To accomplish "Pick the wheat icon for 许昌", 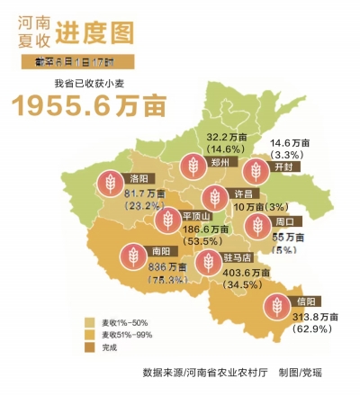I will click(x=213, y=196).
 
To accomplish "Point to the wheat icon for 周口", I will click(x=256, y=225).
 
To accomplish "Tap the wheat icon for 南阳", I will click(x=131, y=255).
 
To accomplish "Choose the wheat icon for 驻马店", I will click(x=208, y=262).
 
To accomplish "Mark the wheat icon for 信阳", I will click(x=278, y=306).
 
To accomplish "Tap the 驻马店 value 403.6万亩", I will click(x=227, y=273).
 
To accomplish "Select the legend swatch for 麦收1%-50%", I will click(x=91, y=321).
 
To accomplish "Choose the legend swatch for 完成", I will click(x=91, y=346).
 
